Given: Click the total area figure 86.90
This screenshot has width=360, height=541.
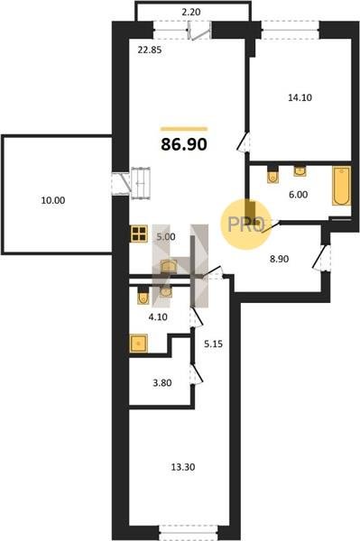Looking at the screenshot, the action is coord(184,144).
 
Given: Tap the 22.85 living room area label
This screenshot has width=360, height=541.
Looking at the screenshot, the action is coord(150,50).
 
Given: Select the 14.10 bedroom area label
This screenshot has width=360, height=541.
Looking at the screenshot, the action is coord(300,97).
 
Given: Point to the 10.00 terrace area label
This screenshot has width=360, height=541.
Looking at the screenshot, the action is coord(53,200).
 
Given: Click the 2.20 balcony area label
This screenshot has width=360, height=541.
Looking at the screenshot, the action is coord(191,12).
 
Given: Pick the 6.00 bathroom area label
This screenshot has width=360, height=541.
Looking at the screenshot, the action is coord(299,195).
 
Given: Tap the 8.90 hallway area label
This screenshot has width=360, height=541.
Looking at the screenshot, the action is coord(279,259).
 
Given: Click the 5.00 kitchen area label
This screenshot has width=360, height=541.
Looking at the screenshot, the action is coord(166,237).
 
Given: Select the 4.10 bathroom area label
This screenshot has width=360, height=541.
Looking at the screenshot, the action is coord(158,316).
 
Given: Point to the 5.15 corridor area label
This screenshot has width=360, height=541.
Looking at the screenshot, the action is coord(213,344).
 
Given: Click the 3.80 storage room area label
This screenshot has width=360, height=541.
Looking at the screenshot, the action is coord(162,383).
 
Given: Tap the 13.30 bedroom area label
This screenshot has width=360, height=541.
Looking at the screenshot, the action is coord(183,467).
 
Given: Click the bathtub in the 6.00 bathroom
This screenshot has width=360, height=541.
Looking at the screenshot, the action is coord(341,186).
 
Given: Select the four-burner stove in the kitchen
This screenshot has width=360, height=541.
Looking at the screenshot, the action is coord(139,234).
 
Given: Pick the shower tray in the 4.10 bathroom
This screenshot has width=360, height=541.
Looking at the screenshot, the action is coord(138,344).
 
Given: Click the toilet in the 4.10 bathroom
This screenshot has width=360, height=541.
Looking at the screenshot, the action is coord(143,296).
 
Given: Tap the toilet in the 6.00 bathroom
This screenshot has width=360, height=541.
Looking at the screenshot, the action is coord(273,175).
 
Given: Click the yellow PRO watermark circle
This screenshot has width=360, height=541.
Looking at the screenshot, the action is coord(246,225).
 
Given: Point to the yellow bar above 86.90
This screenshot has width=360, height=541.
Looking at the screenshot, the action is coord(184,129).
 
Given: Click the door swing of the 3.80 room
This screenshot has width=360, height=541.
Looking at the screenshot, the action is coord(197,373).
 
